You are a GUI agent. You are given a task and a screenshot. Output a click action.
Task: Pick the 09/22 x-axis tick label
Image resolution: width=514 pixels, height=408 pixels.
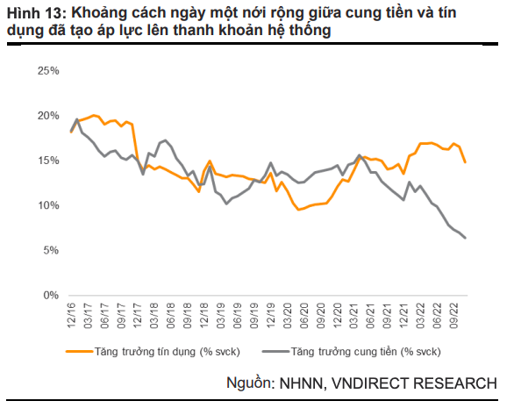(454, 315)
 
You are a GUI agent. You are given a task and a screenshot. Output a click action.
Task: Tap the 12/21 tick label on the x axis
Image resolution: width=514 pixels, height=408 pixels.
(404, 315)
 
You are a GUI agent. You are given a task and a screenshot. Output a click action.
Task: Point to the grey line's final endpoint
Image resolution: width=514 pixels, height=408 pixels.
(465, 238)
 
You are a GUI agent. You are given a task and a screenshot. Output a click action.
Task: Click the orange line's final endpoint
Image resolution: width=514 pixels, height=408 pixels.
(465, 162)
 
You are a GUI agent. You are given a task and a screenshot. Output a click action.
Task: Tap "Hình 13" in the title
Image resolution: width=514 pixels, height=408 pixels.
(33, 13)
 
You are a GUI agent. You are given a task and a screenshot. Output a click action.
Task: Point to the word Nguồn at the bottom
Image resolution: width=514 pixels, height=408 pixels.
(250, 384)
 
